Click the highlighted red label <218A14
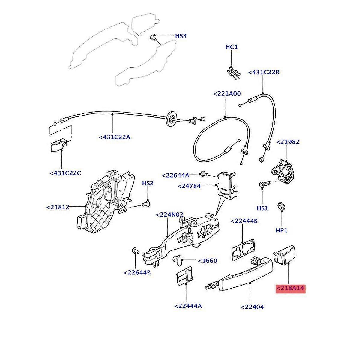(x=291, y=289)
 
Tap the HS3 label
(x=181, y=36)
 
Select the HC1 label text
(x=232, y=47)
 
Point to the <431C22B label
(x=264, y=73)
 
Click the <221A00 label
(x=227, y=94)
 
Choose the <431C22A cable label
(x=115, y=137)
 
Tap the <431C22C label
(x=65, y=173)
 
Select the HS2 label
(x=148, y=183)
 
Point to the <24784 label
(x=189, y=186)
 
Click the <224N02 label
(x=170, y=215)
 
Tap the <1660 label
(x=207, y=261)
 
